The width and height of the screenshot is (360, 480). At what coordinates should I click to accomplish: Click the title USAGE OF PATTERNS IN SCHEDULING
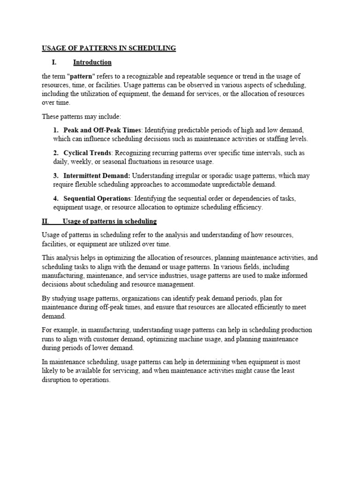pos(109,48)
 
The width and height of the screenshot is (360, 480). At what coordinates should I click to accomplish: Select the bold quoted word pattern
pos(83,76)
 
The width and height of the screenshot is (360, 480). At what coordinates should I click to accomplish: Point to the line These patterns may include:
pos(82,116)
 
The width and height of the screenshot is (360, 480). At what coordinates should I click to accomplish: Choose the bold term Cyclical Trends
pos(88,153)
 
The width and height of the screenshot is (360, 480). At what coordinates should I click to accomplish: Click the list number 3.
pos(55,176)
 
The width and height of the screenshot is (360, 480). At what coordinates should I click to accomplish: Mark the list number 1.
pos(55,130)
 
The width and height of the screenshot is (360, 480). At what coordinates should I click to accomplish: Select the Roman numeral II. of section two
pos(45,221)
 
